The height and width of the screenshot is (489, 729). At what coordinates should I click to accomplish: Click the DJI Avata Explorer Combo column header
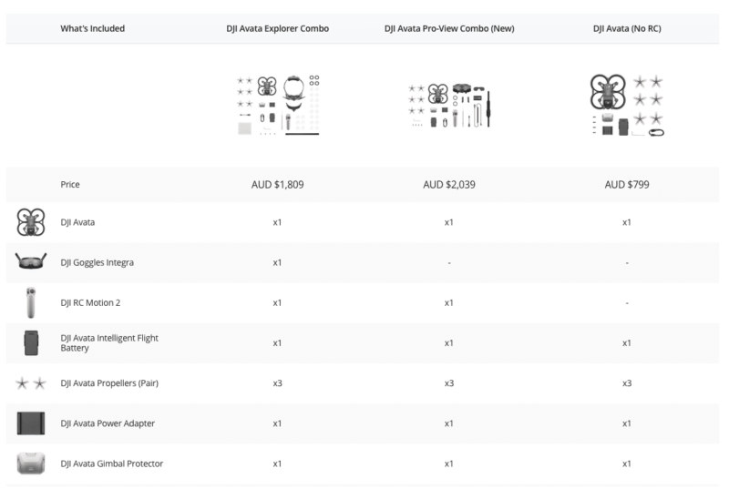pos(278,28)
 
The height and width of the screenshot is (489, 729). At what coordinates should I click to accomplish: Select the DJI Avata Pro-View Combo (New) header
pos(449,28)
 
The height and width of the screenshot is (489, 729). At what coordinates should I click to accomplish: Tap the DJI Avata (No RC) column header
pos(627,28)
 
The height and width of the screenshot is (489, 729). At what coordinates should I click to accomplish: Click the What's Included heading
pos(93,28)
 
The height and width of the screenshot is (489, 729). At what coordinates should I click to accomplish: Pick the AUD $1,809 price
pos(278,184)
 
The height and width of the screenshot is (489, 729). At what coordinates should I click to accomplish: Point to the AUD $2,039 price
pos(449,184)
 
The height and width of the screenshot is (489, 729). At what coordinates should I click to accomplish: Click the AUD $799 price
pos(627,184)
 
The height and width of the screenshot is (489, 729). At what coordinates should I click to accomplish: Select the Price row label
pos(70,184)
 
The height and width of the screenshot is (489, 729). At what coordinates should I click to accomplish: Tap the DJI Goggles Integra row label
pos(98,262)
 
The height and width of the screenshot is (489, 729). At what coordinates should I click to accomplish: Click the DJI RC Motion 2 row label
pos(90,303)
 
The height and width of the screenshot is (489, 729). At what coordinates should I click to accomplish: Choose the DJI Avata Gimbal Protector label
pos(111,464)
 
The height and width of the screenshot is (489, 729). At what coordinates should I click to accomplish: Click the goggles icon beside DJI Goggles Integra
pos(31,260)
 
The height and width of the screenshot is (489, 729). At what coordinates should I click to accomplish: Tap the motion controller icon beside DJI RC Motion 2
pos(31,303)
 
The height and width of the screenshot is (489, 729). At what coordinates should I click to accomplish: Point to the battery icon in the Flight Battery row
pos(31,342)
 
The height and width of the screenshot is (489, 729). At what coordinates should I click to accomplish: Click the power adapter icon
pos(31,423)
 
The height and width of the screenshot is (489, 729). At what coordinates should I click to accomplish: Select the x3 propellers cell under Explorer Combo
pos(278,383)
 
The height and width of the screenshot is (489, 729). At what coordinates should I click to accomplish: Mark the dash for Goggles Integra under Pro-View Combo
pos(449,263)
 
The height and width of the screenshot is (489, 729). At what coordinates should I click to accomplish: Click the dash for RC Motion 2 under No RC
pos(627,303)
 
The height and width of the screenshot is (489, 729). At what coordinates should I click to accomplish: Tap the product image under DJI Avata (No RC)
pos(627,105)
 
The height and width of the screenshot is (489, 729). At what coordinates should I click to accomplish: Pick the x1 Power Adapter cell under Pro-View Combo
pos(448,423)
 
